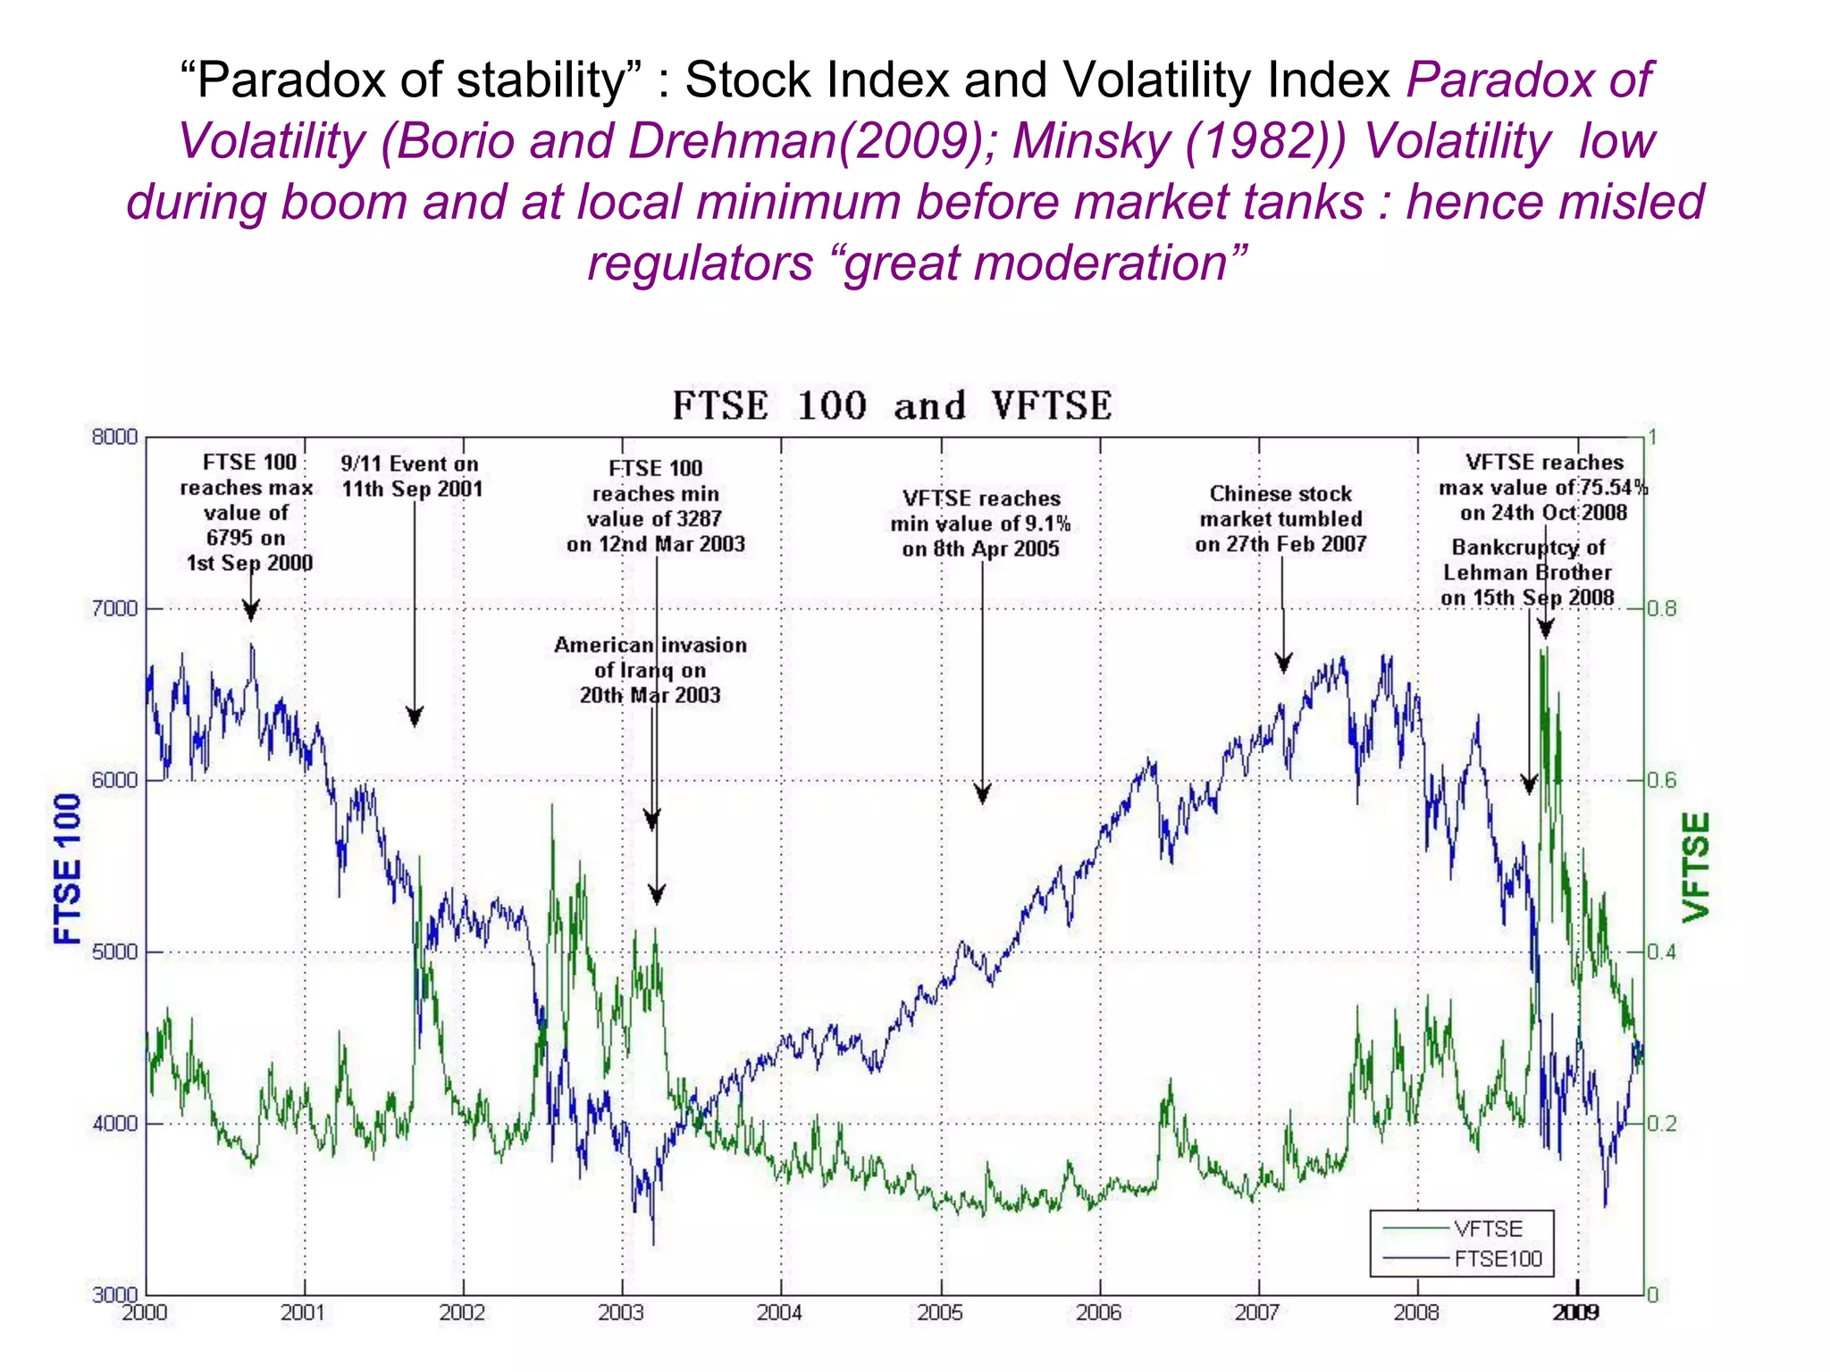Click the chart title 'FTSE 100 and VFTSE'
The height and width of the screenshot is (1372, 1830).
[x=892, y=406]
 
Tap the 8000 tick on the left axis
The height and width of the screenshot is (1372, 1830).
[x=115, y=437]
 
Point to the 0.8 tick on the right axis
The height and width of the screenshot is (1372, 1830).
[x=1662, y=609]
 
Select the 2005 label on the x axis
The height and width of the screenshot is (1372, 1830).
[x=939, y=1312]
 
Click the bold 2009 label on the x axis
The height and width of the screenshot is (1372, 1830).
[x=1575, y=1312]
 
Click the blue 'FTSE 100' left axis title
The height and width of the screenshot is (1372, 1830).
[x=68, y=868]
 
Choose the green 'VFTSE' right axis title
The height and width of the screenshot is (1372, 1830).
[x=1696, y=867]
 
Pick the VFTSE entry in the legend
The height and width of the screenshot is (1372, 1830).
[x=1488, y=1229]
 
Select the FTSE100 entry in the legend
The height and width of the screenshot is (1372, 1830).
[x=1498, y=1259]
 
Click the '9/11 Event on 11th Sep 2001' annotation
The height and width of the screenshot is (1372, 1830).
[x=411, y=476]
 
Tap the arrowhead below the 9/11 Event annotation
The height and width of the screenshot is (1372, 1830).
[x=415, y=717]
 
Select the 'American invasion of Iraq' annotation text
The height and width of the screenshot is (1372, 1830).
[x=650, y=670]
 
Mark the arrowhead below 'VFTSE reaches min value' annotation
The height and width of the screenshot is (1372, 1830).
[x=982, y=794]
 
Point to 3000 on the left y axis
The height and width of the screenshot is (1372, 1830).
[x=115, y=1294]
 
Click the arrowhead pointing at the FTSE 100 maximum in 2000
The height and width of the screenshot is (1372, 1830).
[x=251, y=612]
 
